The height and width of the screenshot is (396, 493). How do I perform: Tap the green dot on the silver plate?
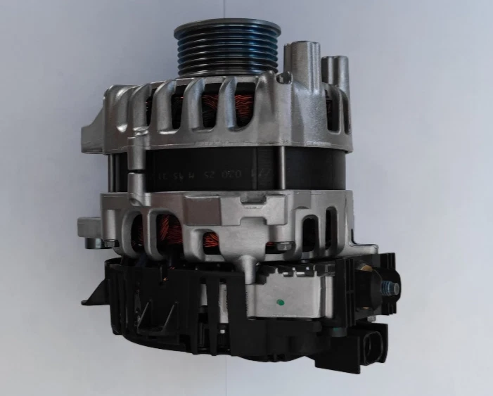point(281,304)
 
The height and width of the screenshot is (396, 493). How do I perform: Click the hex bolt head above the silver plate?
point(283,246)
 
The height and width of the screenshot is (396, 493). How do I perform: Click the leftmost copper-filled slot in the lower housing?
point(143,232)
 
